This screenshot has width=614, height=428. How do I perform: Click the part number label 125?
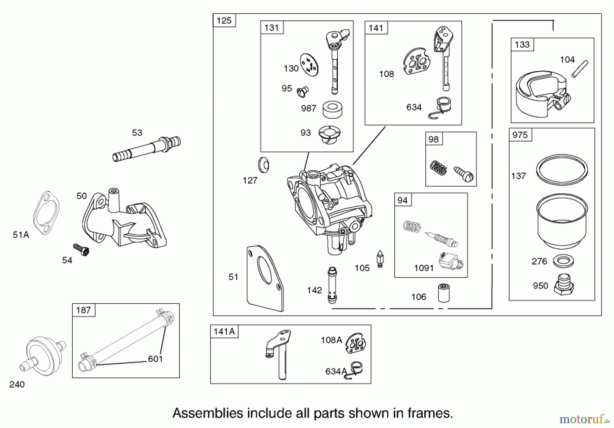pyautogui.click(x=224, y=20)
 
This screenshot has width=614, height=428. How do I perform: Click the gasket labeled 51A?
pyautogui.click(x=46, y=213)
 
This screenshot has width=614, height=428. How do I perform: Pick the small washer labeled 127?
pyautogui.click(x=263, y=165)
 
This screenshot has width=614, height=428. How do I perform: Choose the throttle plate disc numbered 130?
pyautogui.click(x=309, y=65)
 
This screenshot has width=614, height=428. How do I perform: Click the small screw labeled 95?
pyautogui.click(x=302, y=91)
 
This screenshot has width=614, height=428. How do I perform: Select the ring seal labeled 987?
pyautogui.click(x=332, y=109)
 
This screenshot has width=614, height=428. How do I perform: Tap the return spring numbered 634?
pyautogui.click(x=441, y=107)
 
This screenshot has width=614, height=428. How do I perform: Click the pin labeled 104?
pyautogui.click(x=580, y=69)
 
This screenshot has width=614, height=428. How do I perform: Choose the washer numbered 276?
pyautogui.click(x=563, y=262)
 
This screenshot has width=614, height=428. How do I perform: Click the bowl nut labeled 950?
pyautogui.click(x=564, y=284)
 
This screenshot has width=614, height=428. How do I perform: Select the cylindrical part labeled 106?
pyautogui.click(x=444, y=293)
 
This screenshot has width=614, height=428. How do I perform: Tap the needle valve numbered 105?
pyautogui.click(x=380, y=259)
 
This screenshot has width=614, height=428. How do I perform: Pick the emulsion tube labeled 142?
pyautogui.click(x=332, y=285)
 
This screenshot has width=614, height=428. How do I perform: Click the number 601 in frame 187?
pyautogui.click(x=155, y=359)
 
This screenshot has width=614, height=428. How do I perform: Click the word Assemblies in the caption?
pyautogui.click(x=208, y=413)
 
